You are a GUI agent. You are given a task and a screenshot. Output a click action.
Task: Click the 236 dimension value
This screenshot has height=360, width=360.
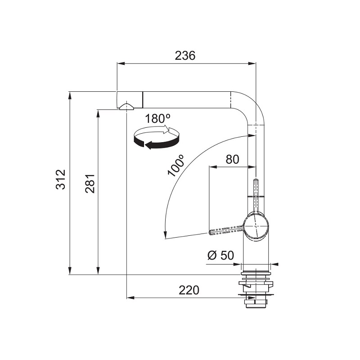185,55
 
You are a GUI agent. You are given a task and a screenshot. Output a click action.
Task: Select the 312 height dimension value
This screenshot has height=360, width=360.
61,179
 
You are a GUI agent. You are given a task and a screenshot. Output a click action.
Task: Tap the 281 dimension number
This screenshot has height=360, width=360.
90,183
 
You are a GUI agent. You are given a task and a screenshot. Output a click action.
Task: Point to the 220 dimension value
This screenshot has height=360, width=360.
189,290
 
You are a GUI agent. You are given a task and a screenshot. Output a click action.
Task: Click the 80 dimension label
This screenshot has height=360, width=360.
232,159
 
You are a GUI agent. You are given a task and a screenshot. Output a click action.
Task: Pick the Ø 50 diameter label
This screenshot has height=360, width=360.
220,255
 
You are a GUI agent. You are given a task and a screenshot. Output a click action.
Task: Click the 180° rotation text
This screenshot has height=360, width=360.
158,119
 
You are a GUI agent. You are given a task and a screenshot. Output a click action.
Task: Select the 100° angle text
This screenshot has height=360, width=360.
176,165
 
